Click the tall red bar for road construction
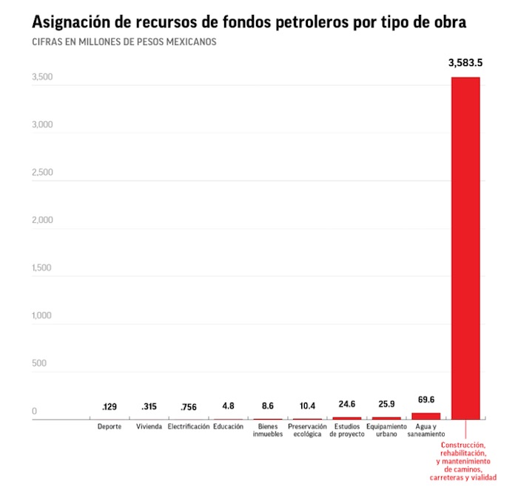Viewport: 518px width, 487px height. (465, 248)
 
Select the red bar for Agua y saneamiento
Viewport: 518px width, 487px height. (425, 416)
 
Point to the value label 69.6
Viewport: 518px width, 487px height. (426, 400)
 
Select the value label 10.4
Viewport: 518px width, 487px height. (307, 406)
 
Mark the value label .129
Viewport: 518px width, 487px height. (110, 407)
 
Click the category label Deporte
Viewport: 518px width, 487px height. (110, 427)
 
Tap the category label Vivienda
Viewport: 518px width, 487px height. (149, 427)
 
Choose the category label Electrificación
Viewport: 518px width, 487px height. (189, 427)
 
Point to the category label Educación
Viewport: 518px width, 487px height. (228, 427)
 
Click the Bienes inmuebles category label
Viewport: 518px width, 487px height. (268, 431)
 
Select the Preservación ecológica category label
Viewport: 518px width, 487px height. (307, 431)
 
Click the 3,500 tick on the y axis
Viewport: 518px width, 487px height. (41, 77)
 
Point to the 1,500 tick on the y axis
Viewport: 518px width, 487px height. (41, 268)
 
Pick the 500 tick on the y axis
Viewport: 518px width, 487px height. (38, 363)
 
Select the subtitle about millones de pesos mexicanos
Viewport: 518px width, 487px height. (124, 42)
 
